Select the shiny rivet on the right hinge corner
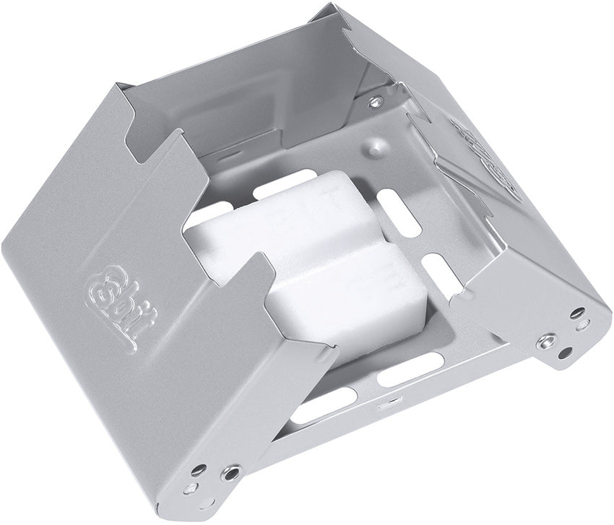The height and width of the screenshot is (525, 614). pos(547,340)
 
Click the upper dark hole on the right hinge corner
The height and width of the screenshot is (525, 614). pos(579,313)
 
